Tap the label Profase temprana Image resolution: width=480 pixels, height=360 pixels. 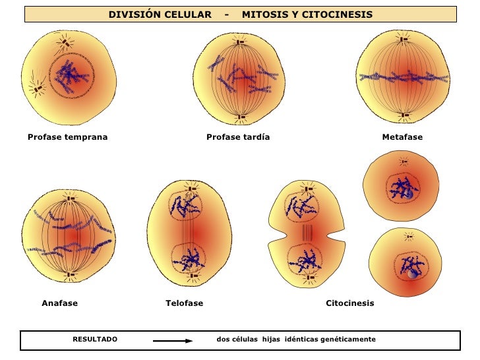(x=67, y=137)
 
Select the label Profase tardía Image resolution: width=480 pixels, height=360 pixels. (x=238, y=137)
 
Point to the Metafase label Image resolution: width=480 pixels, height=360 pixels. (x=402, y=137)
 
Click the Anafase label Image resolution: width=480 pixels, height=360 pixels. (x=60, y=303)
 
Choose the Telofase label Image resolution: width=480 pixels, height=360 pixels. (x=184, y=303)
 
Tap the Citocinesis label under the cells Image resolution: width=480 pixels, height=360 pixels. (x=350, y=303)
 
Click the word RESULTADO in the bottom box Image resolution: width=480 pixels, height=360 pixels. (x=95, y=339)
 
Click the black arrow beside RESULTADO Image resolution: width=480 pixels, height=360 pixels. (x=173, y=341)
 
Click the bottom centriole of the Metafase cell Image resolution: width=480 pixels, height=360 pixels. (x=404, y=117)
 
